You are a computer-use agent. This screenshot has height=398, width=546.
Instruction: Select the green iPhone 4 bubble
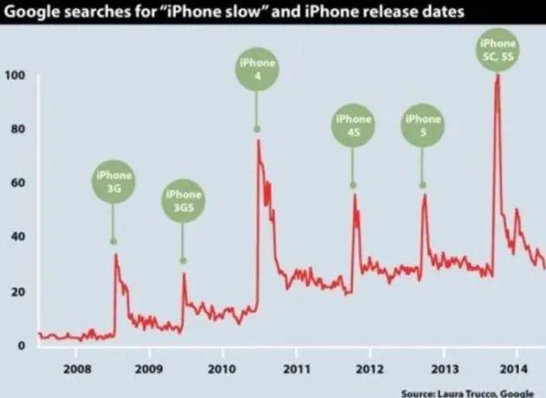(x=257, y=69)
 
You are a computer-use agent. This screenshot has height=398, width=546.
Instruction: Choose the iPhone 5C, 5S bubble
(x=498, y=48)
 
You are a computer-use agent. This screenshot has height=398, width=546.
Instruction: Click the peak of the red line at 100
(x=497, y=75)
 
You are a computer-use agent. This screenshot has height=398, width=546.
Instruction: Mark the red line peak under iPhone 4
(x=258, y=141)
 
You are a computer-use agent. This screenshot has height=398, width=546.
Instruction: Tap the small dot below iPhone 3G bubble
(x=114, y=241)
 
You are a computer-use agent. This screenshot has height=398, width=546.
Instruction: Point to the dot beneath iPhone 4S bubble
(x=353, y=185)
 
